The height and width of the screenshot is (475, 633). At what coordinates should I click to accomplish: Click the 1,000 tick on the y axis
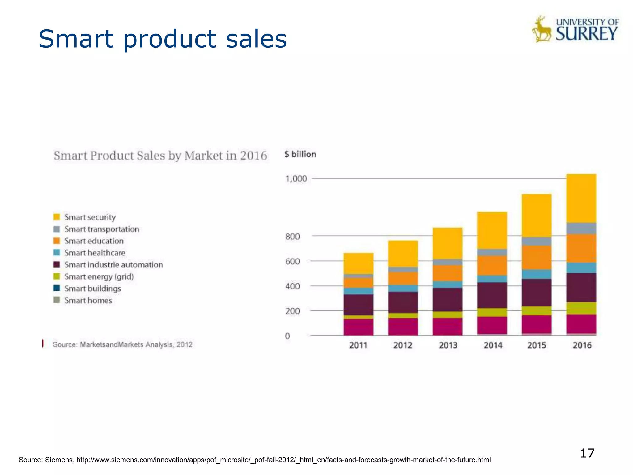click(296, 179)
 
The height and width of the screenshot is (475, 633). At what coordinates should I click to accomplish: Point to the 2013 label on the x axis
click(448, 345)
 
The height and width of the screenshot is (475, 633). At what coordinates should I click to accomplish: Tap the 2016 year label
click(582, 345)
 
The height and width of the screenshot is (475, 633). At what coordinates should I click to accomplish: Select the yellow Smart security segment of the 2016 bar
click(581, 198)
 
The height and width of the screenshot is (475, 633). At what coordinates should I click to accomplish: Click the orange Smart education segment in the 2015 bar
click(537, 257)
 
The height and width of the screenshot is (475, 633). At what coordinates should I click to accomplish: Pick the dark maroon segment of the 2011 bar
click(358, 305)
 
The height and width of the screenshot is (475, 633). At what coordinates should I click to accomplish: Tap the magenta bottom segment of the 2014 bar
click(492, 325)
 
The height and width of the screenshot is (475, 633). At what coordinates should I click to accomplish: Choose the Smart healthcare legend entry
click(95, 253)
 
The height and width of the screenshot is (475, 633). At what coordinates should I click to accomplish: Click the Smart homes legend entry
click(88, 300)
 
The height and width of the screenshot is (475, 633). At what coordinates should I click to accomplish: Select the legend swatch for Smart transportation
click(57, 229)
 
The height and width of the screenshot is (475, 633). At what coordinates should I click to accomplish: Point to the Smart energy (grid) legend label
click(99, 276)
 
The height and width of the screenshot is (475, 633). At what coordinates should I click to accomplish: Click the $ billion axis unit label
click(300, 154)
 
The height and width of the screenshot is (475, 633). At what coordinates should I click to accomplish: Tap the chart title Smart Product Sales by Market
click(160, 155)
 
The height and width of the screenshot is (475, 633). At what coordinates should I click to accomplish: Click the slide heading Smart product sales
click(163, 39)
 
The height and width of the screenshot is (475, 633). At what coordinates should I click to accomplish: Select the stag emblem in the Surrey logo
click(542, 29)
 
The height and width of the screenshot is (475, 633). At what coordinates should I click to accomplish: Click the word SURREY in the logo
click(586, 34)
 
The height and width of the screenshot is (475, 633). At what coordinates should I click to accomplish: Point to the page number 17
click(587, 453)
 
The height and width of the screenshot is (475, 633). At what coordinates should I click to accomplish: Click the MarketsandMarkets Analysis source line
click(122, 344)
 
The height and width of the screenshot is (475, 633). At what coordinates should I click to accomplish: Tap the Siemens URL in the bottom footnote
click(283, 460)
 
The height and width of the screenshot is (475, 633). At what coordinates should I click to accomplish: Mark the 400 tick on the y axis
click(292, 286)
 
